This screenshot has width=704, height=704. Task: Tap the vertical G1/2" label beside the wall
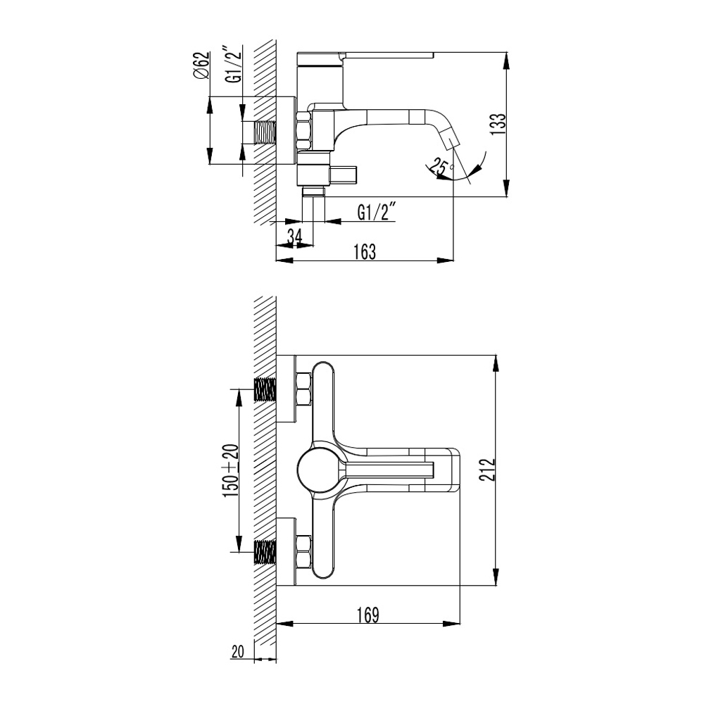click(234, 65)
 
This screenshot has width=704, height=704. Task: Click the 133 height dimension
click(498, 125)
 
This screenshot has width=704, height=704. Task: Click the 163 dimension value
click(365, 252)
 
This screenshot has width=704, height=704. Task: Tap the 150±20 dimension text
click(232, 470)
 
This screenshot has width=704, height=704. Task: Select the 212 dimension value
click(486, 470)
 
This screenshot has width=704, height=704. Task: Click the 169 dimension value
click(367, 615)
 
